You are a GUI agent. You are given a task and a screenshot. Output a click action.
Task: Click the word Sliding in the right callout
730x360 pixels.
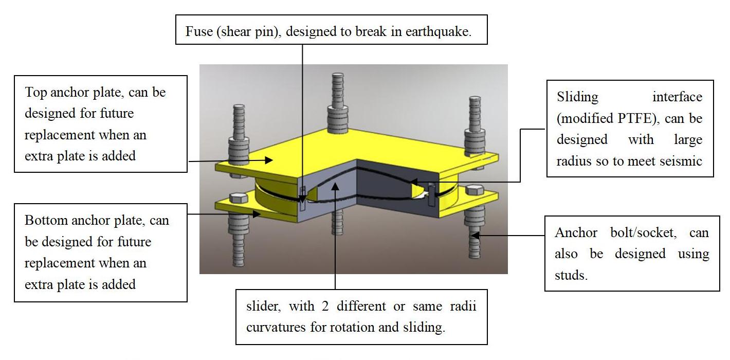578,97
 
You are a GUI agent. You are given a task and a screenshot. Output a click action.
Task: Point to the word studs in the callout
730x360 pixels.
571,275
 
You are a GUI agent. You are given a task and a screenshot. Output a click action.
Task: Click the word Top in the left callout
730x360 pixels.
35,93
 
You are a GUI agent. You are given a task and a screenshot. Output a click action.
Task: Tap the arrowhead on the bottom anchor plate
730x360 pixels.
258,214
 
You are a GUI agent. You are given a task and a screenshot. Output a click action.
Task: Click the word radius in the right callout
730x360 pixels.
572,161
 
